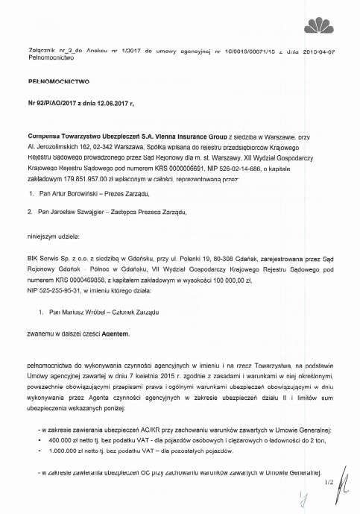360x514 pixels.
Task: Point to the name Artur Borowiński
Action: [x=83, y=172]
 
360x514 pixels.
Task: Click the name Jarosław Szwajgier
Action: [x=86, y=190]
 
